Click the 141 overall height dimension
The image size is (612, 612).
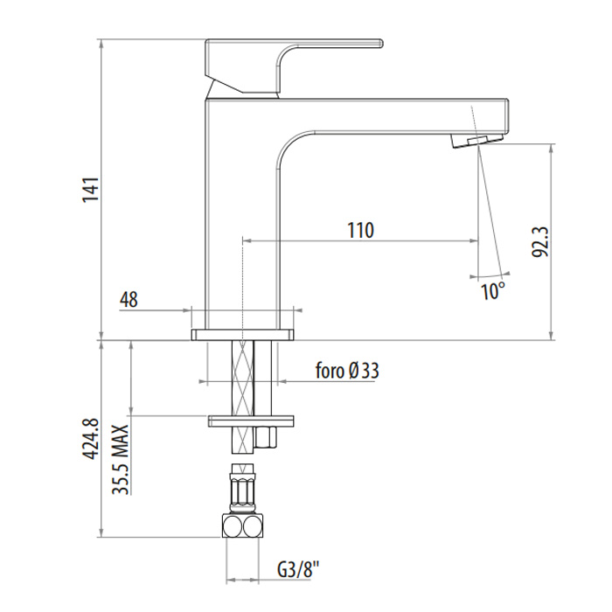pos(91,190)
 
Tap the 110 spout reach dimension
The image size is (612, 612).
pos(360,230)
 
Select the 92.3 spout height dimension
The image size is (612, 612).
pos(540,242)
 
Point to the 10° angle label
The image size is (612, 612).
pos(493,291)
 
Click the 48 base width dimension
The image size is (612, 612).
pos(129,300)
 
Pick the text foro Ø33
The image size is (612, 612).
pos(347,371)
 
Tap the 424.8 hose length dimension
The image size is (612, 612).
pos(91,439)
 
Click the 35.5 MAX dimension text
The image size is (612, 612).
pos(121,459)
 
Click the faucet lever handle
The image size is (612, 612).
pos(294,66)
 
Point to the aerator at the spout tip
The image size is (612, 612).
pos(476,141)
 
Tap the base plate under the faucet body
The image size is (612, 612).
pos(242,335)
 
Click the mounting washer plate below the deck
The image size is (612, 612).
pos(251,421)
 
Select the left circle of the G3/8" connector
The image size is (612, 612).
pos(232,526)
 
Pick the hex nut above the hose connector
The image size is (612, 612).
pos(242,493)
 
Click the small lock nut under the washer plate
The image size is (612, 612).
pos(266,436)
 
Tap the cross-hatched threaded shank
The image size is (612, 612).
pos(243,397)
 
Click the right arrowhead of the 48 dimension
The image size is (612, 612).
pos(297,310)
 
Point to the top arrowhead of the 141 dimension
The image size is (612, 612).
pos(101,44)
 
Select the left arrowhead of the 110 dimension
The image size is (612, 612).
pos(247,241)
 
